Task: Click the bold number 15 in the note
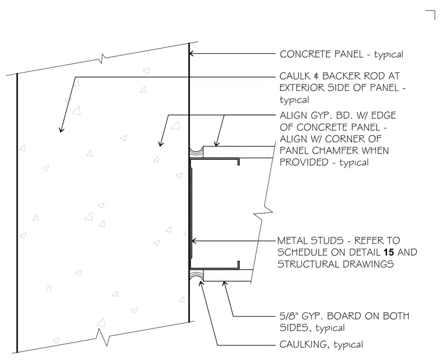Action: point(389,252)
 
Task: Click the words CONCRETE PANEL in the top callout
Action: point(322,54)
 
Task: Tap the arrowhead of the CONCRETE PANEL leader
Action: point(191,53)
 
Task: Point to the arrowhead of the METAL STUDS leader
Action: point(194,241)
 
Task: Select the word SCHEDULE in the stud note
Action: point(304,252)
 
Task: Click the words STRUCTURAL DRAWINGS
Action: point(336,264)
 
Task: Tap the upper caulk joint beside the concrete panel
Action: point(196,151)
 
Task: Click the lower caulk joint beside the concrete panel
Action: point(196,275)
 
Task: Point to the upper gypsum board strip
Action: point(238,152)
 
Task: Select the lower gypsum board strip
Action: point(228,275)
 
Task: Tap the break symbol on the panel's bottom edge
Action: point(103,337)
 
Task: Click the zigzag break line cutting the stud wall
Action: point(263,214)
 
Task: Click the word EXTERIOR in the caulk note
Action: point(302,88)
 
